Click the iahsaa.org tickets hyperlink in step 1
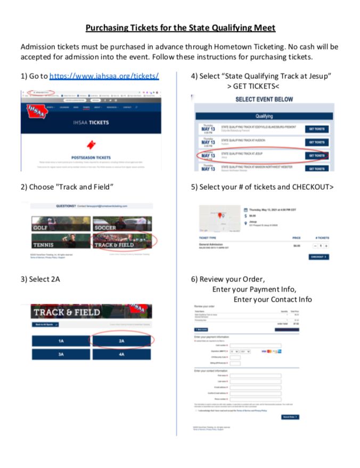[x=104, y=76]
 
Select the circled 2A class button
[x=121, y=341]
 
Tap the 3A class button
[x=61, y=354]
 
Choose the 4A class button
[x=121, y=354]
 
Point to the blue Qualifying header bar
[x=264, y=115]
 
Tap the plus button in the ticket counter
[x=326, y=246]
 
